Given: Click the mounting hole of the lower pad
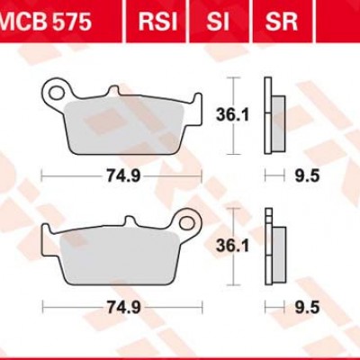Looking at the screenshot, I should coord(189,219).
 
